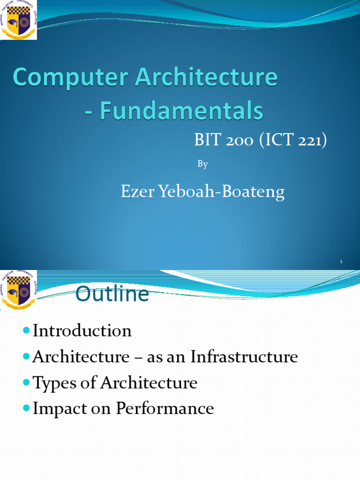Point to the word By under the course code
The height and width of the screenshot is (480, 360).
[x=202, y=164]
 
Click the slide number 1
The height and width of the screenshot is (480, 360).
[x=342, y=262]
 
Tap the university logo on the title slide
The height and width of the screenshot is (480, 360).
[x=18, y=20]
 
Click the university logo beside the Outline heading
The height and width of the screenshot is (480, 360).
[x=18, y=290]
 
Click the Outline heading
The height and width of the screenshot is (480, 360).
[x=112, y=295]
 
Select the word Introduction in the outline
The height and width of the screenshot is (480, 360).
[x=82, y=331]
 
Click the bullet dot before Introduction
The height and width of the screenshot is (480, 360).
[x=26, y=331]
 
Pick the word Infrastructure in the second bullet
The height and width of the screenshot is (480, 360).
[x=244, y=357]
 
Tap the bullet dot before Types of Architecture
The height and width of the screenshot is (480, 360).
[x=26, y=383]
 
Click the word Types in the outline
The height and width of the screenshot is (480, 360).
[x=51, y=383]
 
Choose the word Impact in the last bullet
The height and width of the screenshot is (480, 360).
[x=55, y=409]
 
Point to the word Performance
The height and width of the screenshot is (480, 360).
[x=165, y=409]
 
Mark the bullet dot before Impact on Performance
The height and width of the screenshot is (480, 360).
[x=26, y=409]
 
